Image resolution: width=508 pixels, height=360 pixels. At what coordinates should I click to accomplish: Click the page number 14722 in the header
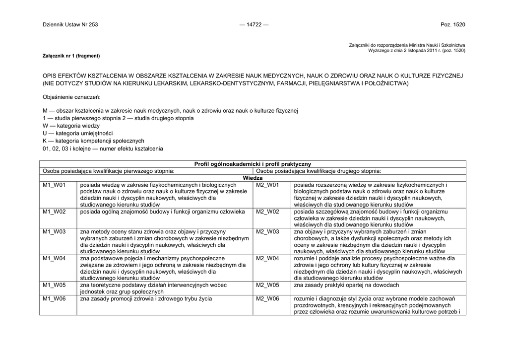[x=254, y=25]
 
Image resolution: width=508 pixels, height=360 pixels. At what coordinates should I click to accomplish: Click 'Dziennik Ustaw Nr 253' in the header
[x=70, y=25]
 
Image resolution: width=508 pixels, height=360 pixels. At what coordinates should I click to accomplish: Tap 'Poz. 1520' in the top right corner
[x=453, y=25]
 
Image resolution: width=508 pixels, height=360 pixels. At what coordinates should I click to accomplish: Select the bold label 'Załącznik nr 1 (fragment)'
[x=71, y=56]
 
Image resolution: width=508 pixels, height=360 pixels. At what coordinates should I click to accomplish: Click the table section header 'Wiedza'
[x=253, y=178]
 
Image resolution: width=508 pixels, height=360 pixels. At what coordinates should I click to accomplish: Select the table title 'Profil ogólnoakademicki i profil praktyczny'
[x=253, y=164]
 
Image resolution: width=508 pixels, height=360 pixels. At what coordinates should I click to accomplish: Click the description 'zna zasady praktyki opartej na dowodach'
[x=346, y=285]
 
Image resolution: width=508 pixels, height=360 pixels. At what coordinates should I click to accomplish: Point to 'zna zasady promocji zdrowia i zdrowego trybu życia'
[x=146, y=298]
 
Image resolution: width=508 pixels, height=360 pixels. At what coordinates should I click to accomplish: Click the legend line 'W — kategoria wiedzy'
[x=71, y=126]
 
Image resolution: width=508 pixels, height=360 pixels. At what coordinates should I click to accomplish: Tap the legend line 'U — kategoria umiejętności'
[x=78, y=134]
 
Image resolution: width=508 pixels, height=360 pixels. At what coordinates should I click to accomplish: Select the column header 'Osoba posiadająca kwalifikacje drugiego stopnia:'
[x=318, y=171]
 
